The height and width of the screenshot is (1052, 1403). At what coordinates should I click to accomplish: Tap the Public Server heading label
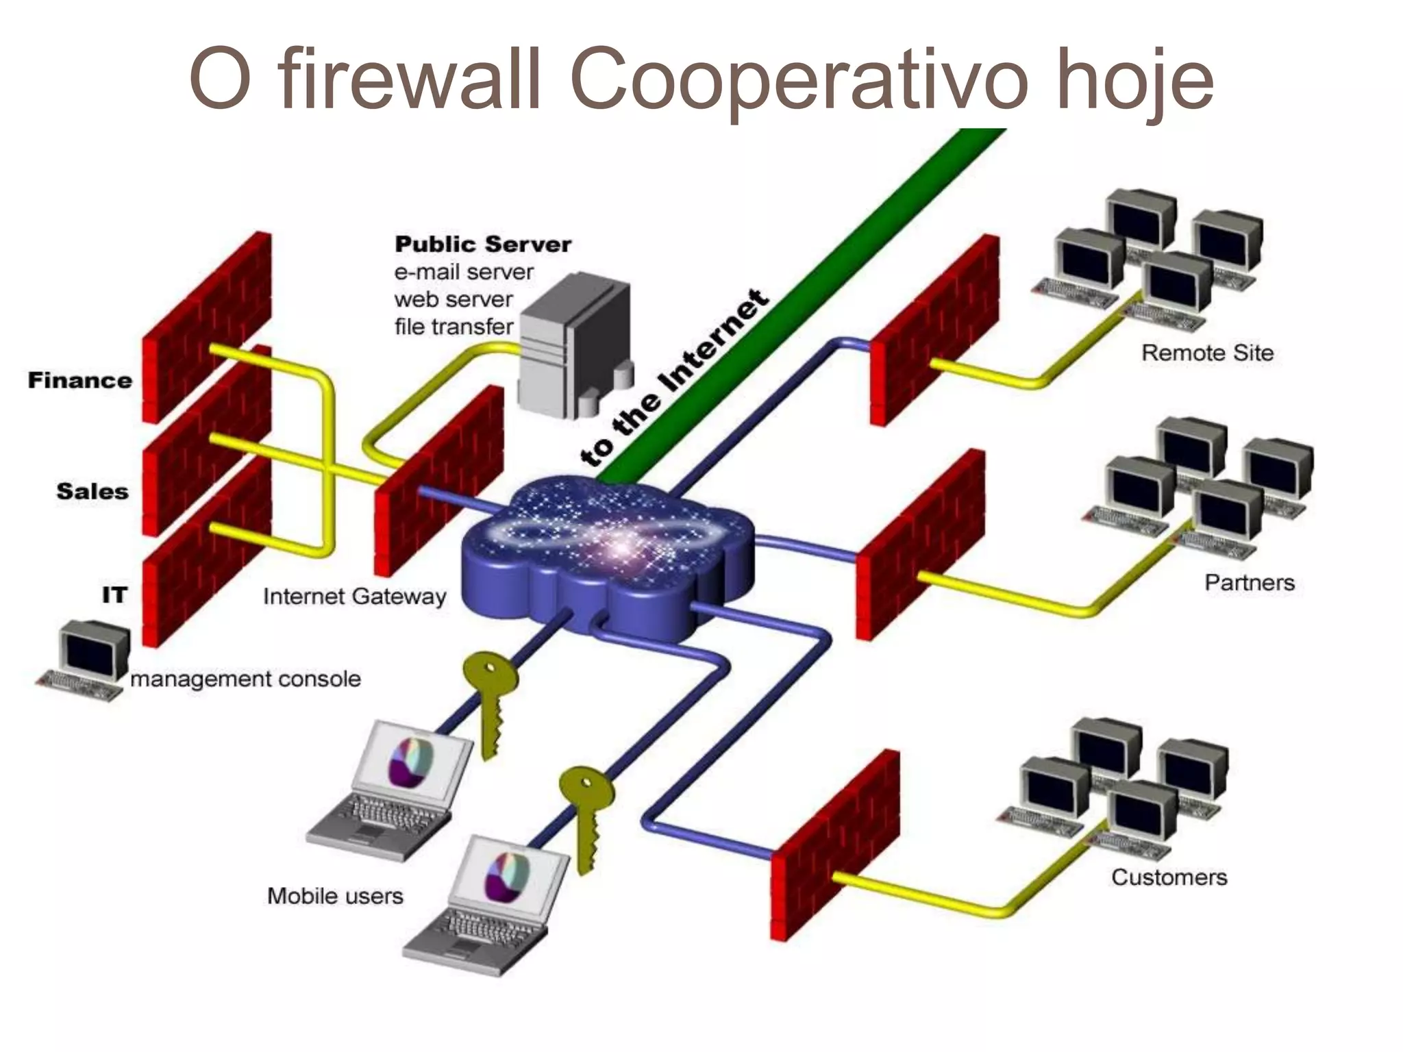[x=482, y=245]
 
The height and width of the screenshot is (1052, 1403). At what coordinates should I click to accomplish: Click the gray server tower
[x=574, y=346]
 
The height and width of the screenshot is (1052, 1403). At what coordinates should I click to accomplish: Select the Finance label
[x=79, y=381]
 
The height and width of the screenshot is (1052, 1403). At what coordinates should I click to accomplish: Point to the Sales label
[x=92, y=492]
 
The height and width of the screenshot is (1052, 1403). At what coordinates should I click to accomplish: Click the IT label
[x=114, y=595]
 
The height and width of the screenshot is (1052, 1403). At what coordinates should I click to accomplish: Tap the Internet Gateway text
[x=354, y=597]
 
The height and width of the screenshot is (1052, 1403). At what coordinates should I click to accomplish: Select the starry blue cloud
[x=606, y=555]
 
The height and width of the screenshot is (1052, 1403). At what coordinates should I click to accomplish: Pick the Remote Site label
[x=1207, y=353]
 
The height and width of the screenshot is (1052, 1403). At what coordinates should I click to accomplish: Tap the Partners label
[x=1250, y=583]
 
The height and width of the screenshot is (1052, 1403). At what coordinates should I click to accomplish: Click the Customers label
[x=1169, y=877]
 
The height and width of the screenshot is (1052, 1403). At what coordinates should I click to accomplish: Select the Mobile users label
[x=335, y=896]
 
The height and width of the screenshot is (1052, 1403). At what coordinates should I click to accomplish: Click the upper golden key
[x=491, y=699]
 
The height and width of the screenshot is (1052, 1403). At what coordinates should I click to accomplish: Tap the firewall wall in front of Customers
[x=834, y=846]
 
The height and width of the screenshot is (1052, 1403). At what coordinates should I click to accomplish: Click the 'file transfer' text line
[x=454, y=327]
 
